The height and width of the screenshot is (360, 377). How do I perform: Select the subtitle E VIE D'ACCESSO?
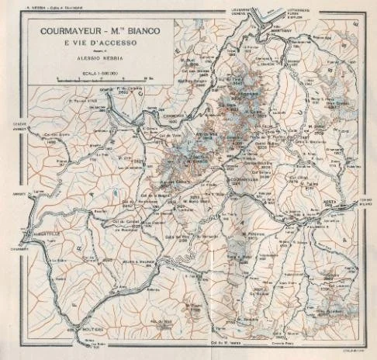pyautogui.click(x=93, y=44)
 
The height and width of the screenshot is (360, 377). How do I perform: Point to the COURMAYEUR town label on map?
pyautogui.click(x=247, y=178)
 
